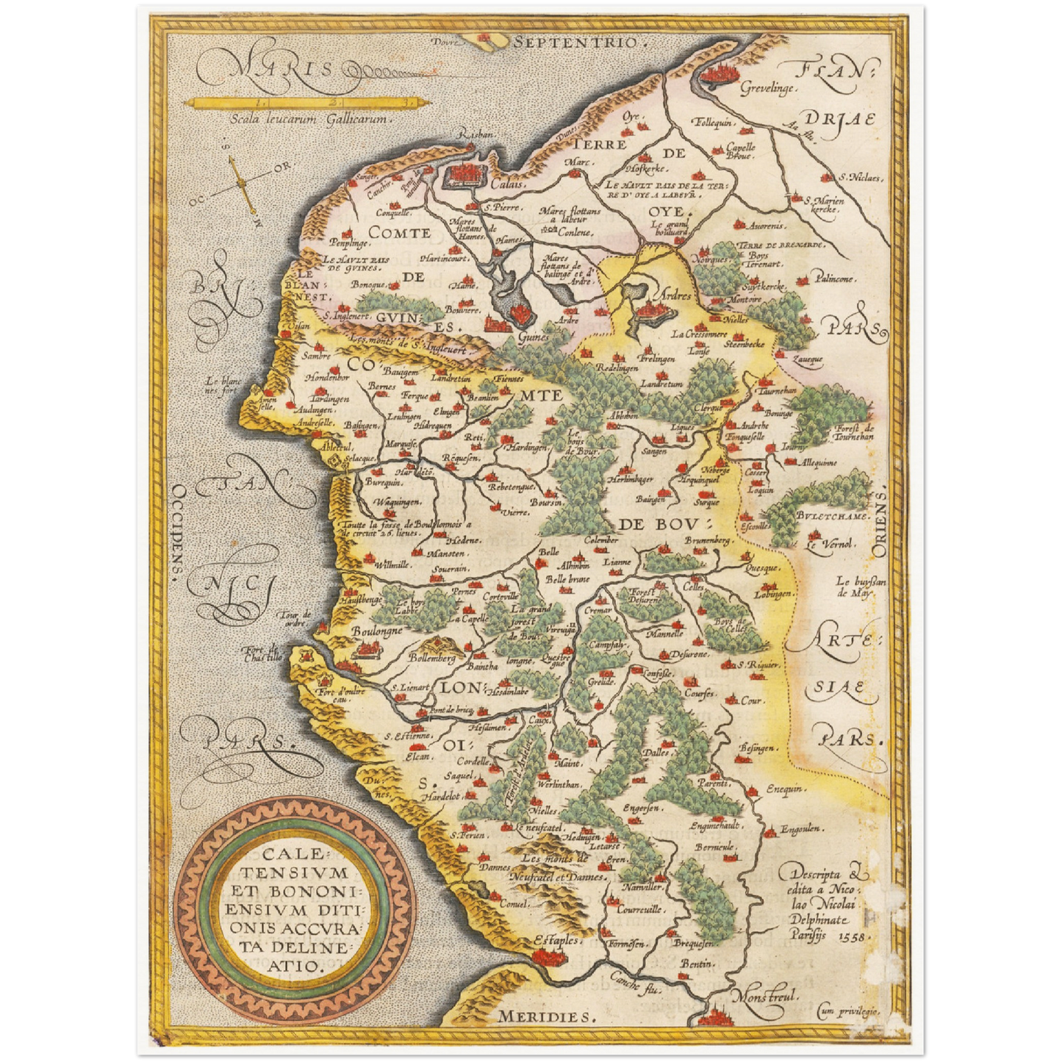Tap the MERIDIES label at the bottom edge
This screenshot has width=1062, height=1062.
tap(544, 1016)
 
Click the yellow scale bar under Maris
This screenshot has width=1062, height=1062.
tap(302, 102)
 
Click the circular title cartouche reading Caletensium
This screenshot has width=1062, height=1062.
tap(295, 911)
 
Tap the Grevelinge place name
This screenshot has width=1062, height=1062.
tap(767, 88)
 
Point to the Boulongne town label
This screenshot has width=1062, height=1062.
tap(376, 631)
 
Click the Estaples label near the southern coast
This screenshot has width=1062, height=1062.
tap(556, 940)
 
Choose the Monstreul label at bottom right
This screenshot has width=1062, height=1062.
tap(764, 997)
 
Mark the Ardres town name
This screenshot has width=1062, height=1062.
tap(675, 295)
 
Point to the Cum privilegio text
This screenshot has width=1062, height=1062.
tap(848, 1012)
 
